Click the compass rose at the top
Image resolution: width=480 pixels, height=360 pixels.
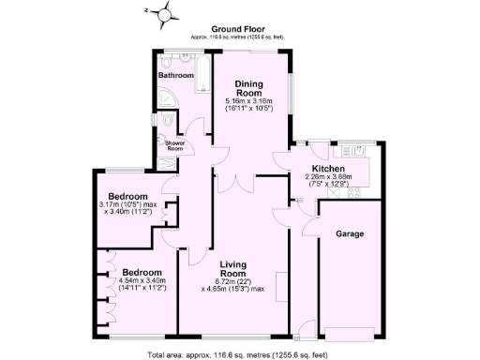tap(166, 13)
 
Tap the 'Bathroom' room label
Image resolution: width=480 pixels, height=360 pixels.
tap(175, 74)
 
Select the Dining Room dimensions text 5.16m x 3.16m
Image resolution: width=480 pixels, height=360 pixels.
tap(248, 101)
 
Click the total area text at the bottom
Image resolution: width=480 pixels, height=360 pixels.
tap(239, 353)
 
